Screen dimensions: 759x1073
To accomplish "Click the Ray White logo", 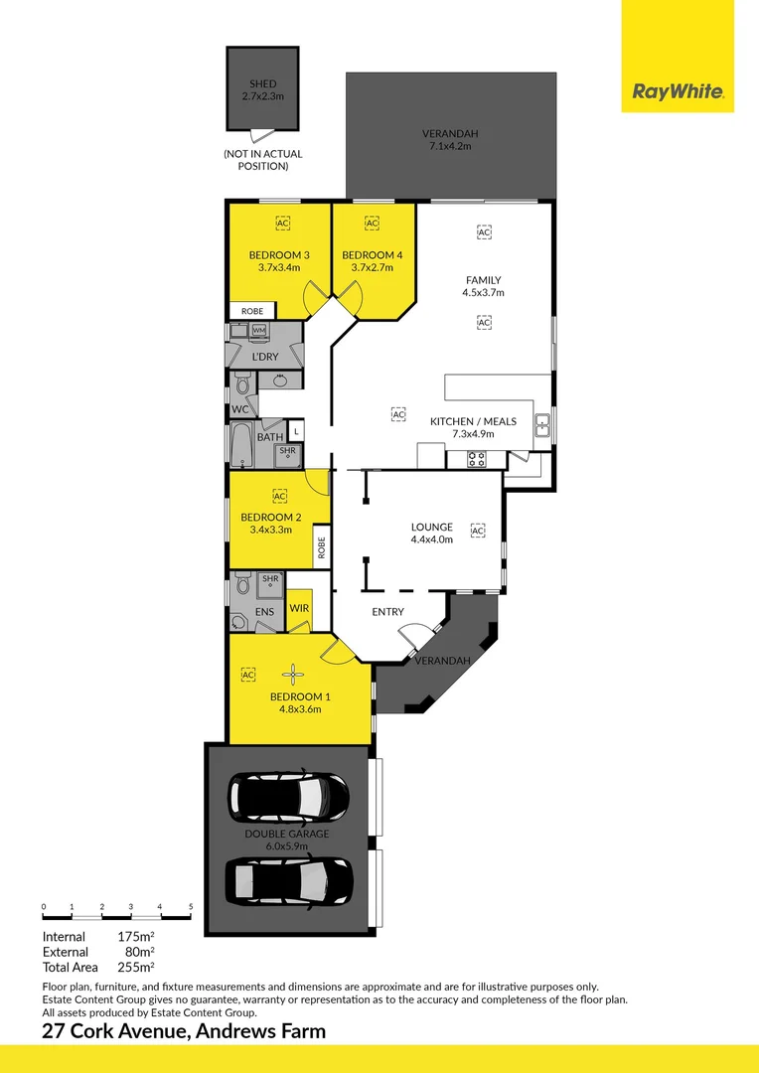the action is pyautogui.click(x=677, y=91).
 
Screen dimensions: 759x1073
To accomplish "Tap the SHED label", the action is pyautogui.click(x=263, y=84).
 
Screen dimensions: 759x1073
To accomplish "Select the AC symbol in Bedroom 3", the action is pyautogui.click(x=283, y=224).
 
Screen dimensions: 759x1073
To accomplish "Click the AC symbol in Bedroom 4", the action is pyautogui.click(x=372, y=224).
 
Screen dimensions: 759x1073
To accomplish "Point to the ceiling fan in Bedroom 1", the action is pyautogui.click(x=293, y=674).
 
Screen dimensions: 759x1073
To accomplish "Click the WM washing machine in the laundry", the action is pyautogui.click(x=258, y=331).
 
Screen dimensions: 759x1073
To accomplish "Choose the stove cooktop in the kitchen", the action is pyautogui.click(x=477, y=458).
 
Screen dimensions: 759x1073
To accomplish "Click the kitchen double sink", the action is pyautogui.click(x=542, y=425).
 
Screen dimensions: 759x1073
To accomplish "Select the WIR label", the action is pyautogui.click(x=299, y=608).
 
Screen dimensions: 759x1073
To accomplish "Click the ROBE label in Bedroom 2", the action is pyautogui.click(x=321, y=547).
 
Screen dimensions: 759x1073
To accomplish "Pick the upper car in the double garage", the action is pyautogui.click(x=289, y=797).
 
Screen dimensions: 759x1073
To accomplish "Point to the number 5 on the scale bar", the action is pyautogui.click(x=191, y=907).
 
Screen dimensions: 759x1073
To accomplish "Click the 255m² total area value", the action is pyautogui.click(x=135, y=967).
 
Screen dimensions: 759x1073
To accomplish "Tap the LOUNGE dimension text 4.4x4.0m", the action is pyautogui.click(x=432, y=539).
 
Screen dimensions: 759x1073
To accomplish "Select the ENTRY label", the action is pyautogui.click(x=388, y=612).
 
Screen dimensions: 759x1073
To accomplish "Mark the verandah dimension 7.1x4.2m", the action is pyautogui.click(x=450, y=146).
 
